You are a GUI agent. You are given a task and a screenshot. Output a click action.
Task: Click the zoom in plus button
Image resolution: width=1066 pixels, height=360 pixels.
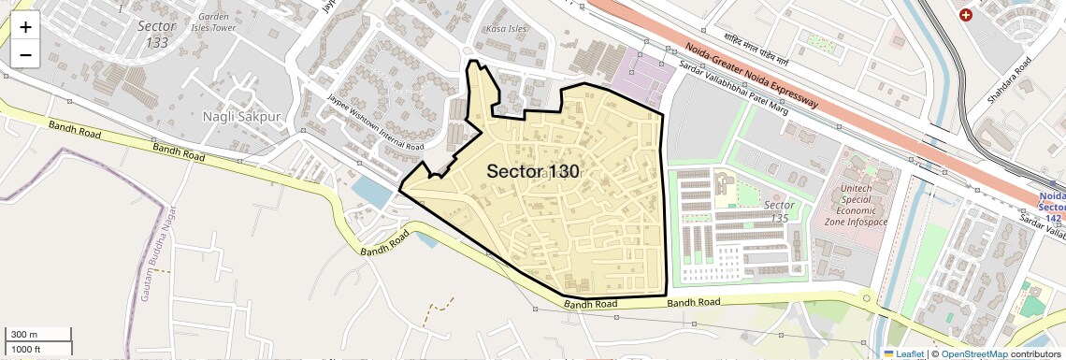(x=25, y=27)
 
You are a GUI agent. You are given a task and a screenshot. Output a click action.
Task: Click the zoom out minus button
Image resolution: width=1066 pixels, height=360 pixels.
(x=25, y=54)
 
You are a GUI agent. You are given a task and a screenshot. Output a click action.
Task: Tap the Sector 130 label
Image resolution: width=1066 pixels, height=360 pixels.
(x=533, y=172)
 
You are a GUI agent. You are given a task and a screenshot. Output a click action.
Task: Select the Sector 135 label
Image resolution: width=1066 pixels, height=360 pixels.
(x=779, y=211)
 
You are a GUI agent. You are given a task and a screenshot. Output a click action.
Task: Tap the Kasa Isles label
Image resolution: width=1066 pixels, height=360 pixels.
(x=506, y=29)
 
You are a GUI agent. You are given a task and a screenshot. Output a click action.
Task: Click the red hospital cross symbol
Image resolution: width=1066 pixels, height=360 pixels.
(x=966, y=15)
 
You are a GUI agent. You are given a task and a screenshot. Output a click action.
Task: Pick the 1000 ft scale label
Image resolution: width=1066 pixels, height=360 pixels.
(x=25, y=349)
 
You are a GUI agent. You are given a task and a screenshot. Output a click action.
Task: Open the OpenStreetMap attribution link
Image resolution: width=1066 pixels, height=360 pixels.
(x=973, y=354)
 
